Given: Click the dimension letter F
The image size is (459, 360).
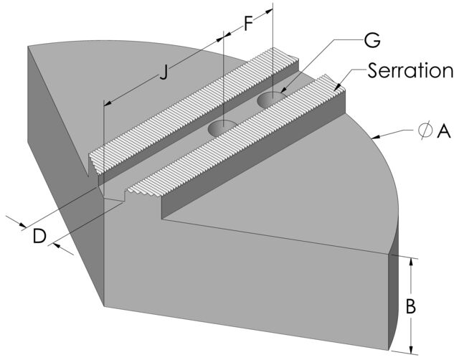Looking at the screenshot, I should pyautogui.click(x=249, y=23).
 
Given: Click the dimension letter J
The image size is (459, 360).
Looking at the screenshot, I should pyautogui.click(x=164, y=72).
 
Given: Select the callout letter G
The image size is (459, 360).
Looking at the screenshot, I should pyautogui.click(x=372, y=40).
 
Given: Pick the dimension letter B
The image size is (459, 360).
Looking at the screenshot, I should pyautogui.click(x=411, y=306).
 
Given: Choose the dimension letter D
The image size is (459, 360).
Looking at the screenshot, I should pyautogui.click(x=39, y=235).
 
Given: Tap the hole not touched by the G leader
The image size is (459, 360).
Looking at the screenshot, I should pyautogui.click(x=223, y=128).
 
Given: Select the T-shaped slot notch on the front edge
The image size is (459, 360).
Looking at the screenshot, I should pyautogui.click(x=115, y=192).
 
